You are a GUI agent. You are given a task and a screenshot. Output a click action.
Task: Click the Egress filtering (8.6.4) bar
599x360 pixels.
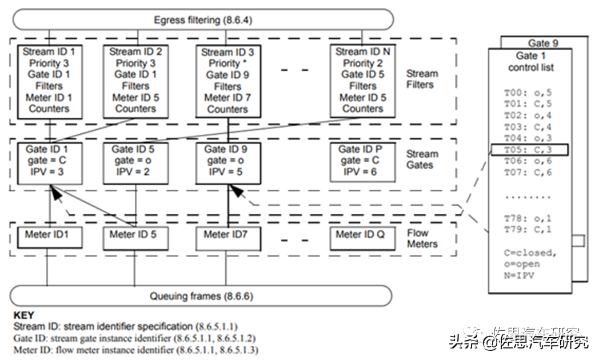203,20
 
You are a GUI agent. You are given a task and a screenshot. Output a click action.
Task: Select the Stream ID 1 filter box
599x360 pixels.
49,80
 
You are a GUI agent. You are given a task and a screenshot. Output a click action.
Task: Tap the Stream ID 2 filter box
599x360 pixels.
136,80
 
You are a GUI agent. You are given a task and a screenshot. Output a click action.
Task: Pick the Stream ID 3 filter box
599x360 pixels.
228,81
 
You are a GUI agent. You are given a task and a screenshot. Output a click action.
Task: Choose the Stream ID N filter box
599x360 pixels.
363,80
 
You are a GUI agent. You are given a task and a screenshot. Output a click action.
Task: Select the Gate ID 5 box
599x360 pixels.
136,161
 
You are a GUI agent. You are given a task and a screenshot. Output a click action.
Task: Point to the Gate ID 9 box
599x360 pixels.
228,161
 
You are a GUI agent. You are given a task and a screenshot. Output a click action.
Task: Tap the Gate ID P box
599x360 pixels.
362,161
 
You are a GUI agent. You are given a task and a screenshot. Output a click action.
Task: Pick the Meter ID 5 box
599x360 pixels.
136,236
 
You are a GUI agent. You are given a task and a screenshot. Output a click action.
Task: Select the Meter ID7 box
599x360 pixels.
228,236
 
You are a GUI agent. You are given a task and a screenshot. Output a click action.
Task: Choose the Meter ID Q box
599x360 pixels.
362,236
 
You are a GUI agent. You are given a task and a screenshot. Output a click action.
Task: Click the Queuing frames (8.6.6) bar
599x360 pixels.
201,296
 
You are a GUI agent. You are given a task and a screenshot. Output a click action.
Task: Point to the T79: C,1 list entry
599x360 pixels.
520,229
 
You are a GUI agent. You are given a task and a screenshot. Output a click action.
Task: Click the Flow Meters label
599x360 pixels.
422,239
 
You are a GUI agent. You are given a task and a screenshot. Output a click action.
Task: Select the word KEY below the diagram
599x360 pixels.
23,315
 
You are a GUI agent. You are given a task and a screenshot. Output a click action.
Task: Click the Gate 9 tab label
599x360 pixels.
543,43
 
